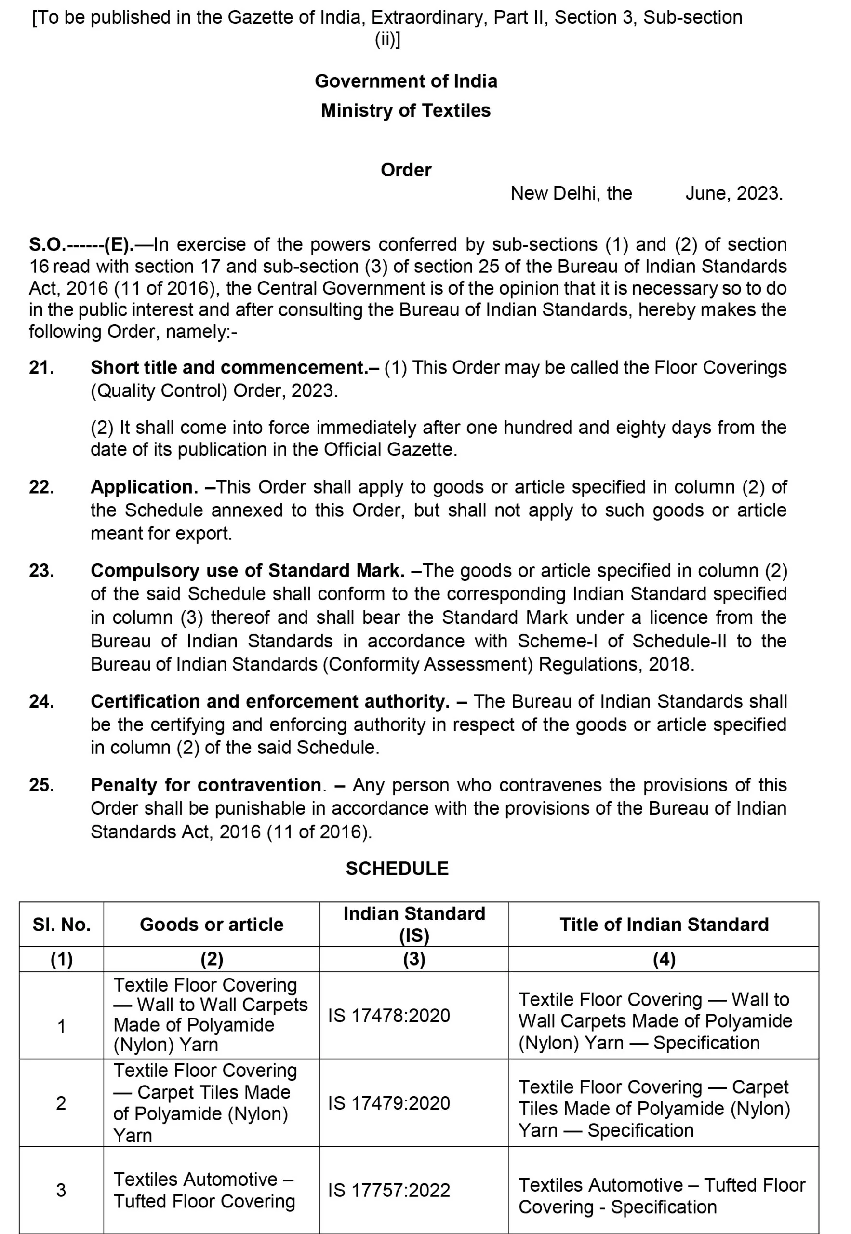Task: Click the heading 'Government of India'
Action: [406, 81]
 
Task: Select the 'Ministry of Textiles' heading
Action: [406, 110]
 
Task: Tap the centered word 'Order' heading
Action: [406, 170]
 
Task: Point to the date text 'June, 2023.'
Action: [734, 193]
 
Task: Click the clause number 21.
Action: [41, 367]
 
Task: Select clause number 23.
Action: [41, 571]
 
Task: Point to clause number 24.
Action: [41, 701]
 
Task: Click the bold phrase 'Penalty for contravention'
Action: [206, 785]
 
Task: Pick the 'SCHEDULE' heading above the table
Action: [397, 869]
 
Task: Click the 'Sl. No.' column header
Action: [61, 925]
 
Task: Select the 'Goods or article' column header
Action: [212, 925]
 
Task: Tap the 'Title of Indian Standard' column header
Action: [664, 925]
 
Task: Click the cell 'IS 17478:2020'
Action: [389, 1015]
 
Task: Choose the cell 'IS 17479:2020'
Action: [389, 1103]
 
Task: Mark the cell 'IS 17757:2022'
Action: [389, 1190]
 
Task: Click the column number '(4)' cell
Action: [664, 959]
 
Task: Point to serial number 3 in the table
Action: [61, 1190]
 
